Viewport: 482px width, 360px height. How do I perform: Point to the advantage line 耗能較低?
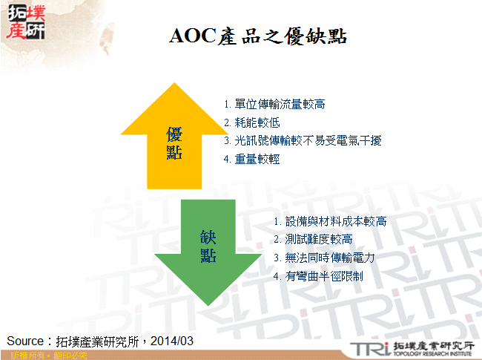[257, 122]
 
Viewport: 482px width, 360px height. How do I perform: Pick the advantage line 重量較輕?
[257, 159]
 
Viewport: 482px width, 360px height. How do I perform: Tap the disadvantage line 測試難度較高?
[317, 239]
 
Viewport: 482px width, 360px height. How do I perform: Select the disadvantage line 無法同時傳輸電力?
[329, 258]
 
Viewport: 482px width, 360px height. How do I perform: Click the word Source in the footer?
[25, 341]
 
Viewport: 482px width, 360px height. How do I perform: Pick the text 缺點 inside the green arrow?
[208, 246]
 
